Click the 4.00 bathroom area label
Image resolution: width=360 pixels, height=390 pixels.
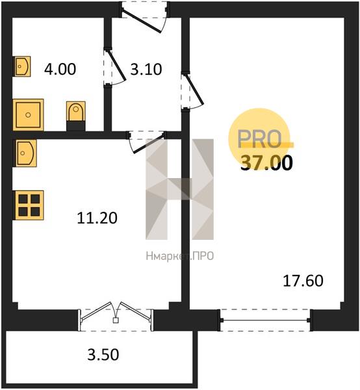coord(60,69)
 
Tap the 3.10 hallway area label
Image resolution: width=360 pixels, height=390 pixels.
coord(146,69)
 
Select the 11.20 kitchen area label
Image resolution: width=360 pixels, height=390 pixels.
coord(97,218)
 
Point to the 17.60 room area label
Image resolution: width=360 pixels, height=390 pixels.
coord(303,281)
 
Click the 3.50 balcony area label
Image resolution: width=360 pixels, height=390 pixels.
coord(103,355)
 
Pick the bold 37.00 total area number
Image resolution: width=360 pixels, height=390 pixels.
coord(266,163)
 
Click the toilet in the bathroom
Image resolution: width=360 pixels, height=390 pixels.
coord(76,111)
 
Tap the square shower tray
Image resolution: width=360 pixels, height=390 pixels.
coord(28,114)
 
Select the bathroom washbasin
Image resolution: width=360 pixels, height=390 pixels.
coord(22,66)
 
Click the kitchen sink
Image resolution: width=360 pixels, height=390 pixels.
coord(25,153)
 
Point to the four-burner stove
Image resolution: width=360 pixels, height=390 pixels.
coord(29,205)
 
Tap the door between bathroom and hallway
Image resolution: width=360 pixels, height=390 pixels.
coord(115,68)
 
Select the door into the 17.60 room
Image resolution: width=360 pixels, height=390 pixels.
coord(193,91)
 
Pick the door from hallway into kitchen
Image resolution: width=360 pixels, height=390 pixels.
coord(146,142)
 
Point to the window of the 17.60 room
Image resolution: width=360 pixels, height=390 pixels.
coord(266,320)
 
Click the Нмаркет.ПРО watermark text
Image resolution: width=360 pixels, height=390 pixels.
coord(180,256)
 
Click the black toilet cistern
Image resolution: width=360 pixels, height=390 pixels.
coord(76,126)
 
